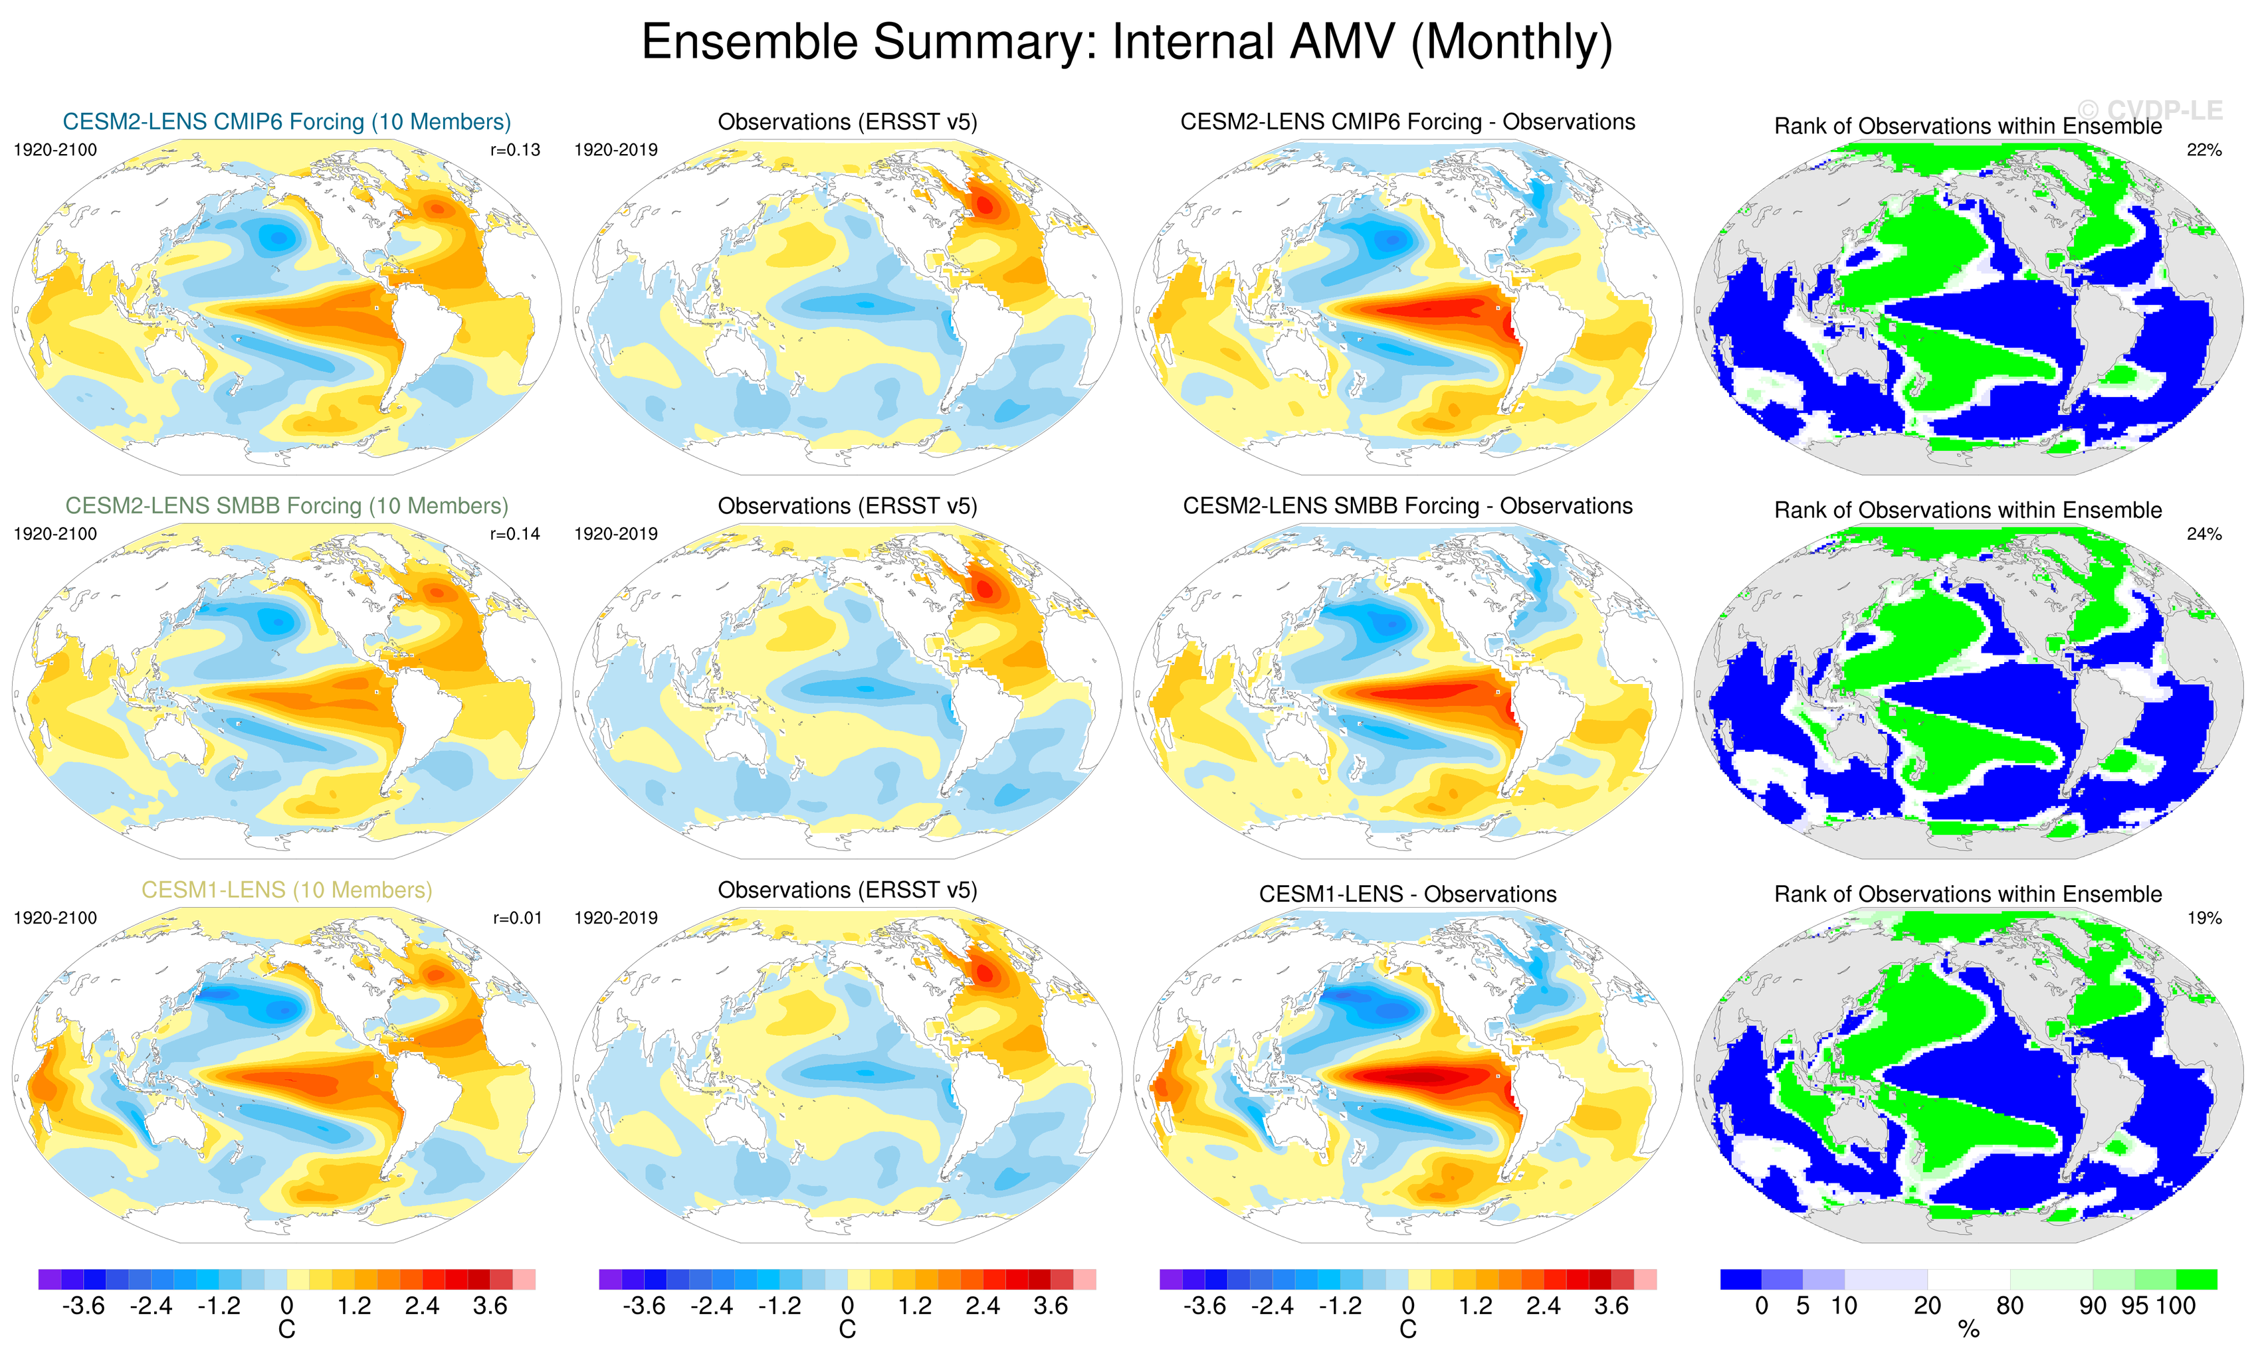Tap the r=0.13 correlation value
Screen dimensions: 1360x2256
[x=516, y=150]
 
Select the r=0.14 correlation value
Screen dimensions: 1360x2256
[x=516, y=533]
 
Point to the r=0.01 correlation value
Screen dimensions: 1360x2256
[x=517, y=918]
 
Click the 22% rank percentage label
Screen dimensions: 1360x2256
[x=2204, y=150]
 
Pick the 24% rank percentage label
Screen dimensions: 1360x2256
[x=2204, y=533]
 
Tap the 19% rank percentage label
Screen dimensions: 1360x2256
[x=2204, y=918]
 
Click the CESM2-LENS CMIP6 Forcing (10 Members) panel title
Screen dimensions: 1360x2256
[x=286, y=122]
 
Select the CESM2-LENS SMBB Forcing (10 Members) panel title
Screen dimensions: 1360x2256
[x=286, y=506]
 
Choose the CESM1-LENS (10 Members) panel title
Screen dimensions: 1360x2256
[x=286, y=890]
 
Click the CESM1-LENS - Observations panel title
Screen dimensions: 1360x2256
[x=1407, y=894]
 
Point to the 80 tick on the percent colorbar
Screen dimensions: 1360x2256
[x=2009, y=1306]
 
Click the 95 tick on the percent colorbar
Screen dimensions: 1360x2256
[x=2134, y=1306]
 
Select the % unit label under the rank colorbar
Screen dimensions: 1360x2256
[x=1968, y=1330]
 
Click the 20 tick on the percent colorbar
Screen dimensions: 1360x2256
[x=1927, y=1306]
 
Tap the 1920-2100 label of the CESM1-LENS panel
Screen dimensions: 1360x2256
[x=55, y=918]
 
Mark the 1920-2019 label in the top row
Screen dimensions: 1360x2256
[x=615, y=150]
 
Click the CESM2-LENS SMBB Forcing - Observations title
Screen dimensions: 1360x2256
[x=1407, y=506]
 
